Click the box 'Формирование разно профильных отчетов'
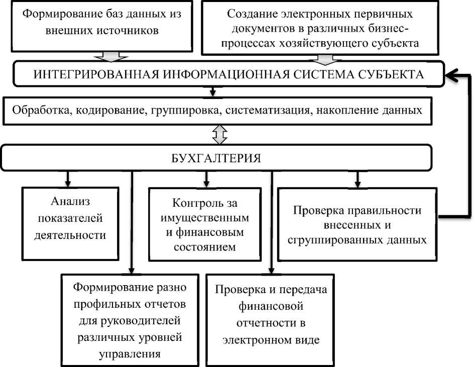pyautogui.click(x=130, y=320)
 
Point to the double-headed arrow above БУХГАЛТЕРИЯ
pyautogui.click(x=220, y=134)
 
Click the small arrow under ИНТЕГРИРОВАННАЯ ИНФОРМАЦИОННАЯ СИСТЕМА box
pyautogui.click(x=213, y=92)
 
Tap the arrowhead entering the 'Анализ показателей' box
pyautogui.click(x=67, y=182)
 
